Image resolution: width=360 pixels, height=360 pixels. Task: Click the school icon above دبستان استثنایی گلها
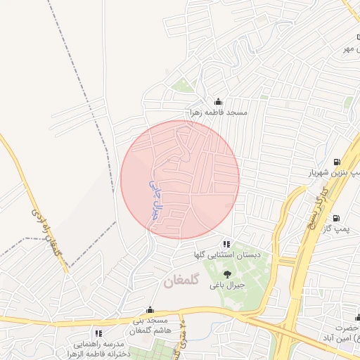coord(226,243)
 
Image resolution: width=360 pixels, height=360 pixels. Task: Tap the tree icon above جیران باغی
coord(227,274)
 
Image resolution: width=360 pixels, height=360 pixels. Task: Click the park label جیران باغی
coord(226,285)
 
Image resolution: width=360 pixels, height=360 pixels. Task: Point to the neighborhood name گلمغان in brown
coord(182,281)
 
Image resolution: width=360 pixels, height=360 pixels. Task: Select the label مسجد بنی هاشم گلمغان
coord(148,326)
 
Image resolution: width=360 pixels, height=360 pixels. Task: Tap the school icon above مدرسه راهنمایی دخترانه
coord(98,333)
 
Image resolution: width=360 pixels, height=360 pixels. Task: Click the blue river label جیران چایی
coord(155,198)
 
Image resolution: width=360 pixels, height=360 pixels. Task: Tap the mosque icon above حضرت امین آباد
coord(356,317)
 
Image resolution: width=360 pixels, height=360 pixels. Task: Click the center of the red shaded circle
coord(180,179)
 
